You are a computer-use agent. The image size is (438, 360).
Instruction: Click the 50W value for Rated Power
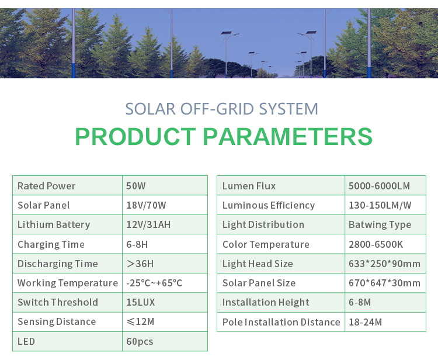[135, 186]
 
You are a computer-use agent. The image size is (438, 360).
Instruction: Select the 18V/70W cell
[146, 205]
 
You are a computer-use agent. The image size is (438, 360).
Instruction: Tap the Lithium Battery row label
[54, 225]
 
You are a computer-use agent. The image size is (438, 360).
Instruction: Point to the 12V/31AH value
[148, 224]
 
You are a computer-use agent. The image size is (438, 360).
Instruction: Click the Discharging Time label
[58, 264]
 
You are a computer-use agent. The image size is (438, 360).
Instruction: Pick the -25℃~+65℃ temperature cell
[154, 283]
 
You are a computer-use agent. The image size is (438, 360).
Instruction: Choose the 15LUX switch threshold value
[141, 302]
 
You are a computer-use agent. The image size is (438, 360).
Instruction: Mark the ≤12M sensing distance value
[140, 321]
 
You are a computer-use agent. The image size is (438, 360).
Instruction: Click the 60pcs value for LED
[140, 341]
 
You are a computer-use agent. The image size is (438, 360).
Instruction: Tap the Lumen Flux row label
[249, 186]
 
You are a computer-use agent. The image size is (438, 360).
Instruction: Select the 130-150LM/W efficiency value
[380, 205]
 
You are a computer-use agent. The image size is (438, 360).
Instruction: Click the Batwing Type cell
[380, 225]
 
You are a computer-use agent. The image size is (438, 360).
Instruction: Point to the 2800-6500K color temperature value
[376, 244]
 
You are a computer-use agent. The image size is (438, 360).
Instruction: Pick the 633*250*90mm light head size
[384, 264]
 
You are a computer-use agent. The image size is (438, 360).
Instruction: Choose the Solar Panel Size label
[259, 283]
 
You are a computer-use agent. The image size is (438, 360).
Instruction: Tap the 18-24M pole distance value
[365, 322]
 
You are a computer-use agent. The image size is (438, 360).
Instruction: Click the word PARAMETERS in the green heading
[288, 136]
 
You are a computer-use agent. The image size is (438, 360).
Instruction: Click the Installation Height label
[266, 302]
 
